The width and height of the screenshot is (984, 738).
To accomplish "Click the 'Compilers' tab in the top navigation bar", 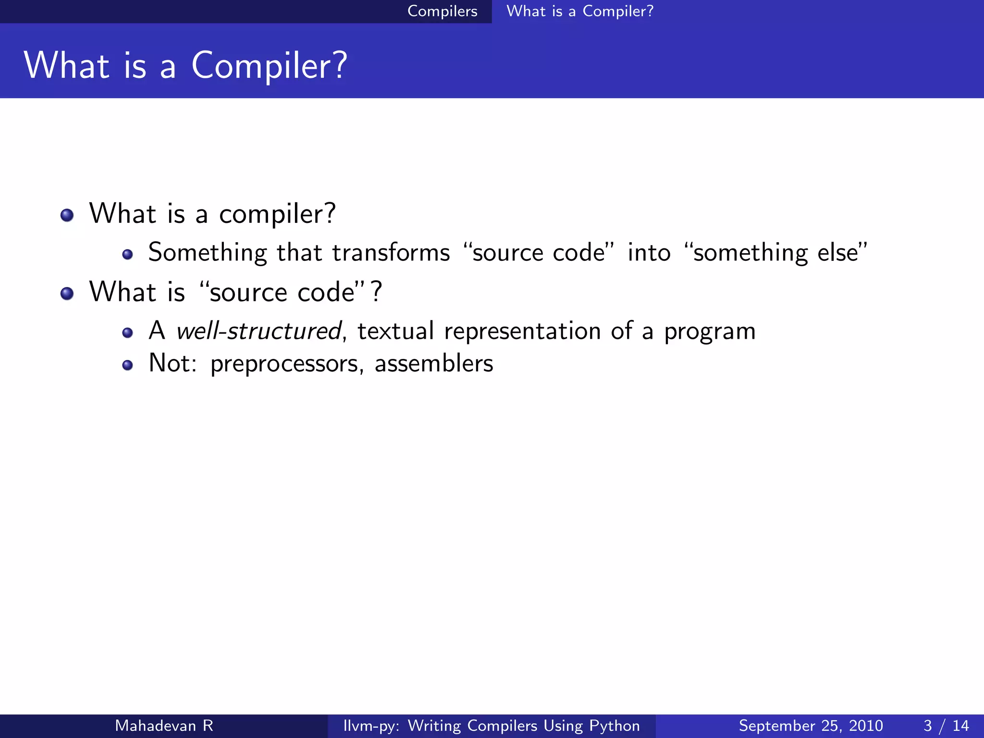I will coord(442,11).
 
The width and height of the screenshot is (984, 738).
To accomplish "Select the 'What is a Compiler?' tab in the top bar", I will coord(579,11).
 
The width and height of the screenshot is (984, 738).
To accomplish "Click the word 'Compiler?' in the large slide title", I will coord(269,66).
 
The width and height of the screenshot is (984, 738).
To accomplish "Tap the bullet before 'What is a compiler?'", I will coord(67,215).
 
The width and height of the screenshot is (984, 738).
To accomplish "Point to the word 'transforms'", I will coord(391,253).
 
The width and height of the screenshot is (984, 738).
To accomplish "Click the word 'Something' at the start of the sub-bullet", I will coord(207,253).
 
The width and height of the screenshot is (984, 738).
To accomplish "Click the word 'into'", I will coord(649,253).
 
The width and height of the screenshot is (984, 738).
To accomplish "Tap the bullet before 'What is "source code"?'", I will coord(67,293).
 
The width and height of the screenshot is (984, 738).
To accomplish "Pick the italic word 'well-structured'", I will coord(258,331).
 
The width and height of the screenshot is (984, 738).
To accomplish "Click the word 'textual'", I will coord(395,331).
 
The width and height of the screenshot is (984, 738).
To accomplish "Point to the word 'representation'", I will coord(522,331).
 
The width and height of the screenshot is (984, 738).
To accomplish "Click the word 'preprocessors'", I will coord(284,364).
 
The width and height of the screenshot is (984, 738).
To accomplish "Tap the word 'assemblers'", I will coord(433,363).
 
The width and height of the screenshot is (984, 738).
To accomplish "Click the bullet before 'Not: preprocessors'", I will coord(127,366).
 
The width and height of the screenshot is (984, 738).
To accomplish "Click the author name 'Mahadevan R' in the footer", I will coord(164,726).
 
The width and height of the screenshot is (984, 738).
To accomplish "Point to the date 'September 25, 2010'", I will coord(811,726).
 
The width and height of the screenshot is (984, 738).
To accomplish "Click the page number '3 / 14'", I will coord(946,726).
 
